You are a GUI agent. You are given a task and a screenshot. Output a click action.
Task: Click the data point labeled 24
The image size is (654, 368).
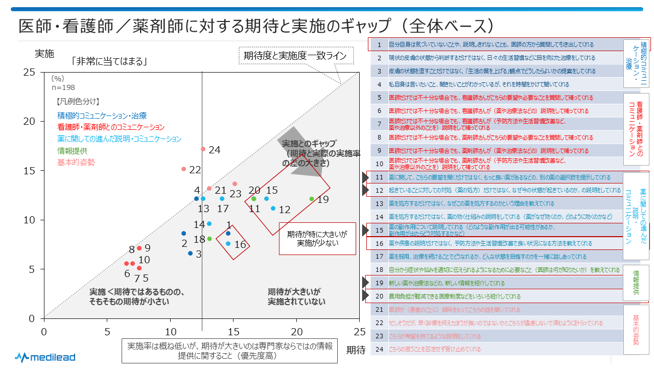203,149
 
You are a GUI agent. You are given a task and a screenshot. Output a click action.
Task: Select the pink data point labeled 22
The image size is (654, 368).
183,169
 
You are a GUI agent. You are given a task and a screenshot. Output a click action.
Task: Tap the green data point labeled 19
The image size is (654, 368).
311,199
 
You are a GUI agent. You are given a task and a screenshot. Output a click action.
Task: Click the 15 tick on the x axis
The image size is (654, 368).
234,331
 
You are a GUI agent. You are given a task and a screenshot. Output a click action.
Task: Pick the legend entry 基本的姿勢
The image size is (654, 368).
76,162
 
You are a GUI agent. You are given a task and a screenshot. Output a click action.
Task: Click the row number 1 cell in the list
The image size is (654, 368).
379,45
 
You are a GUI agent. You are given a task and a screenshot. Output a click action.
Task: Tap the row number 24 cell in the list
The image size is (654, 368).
379,349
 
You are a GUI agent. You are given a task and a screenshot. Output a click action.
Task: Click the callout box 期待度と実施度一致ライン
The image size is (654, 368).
295,56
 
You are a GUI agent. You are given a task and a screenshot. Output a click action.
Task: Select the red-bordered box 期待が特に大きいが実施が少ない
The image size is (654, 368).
317,238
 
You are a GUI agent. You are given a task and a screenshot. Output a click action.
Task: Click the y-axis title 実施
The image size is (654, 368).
44,53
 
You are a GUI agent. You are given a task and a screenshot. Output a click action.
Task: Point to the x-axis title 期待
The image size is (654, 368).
356,350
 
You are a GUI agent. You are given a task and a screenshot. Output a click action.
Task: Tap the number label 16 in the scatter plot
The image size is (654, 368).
240,244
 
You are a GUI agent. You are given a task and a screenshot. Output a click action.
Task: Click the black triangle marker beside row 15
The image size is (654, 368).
365,230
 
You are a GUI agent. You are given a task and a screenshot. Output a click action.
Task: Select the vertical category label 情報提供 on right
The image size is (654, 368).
636,282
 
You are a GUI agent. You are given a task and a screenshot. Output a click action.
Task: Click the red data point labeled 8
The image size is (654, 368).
139,248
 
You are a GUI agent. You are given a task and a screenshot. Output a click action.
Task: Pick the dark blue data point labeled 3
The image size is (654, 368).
190,253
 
